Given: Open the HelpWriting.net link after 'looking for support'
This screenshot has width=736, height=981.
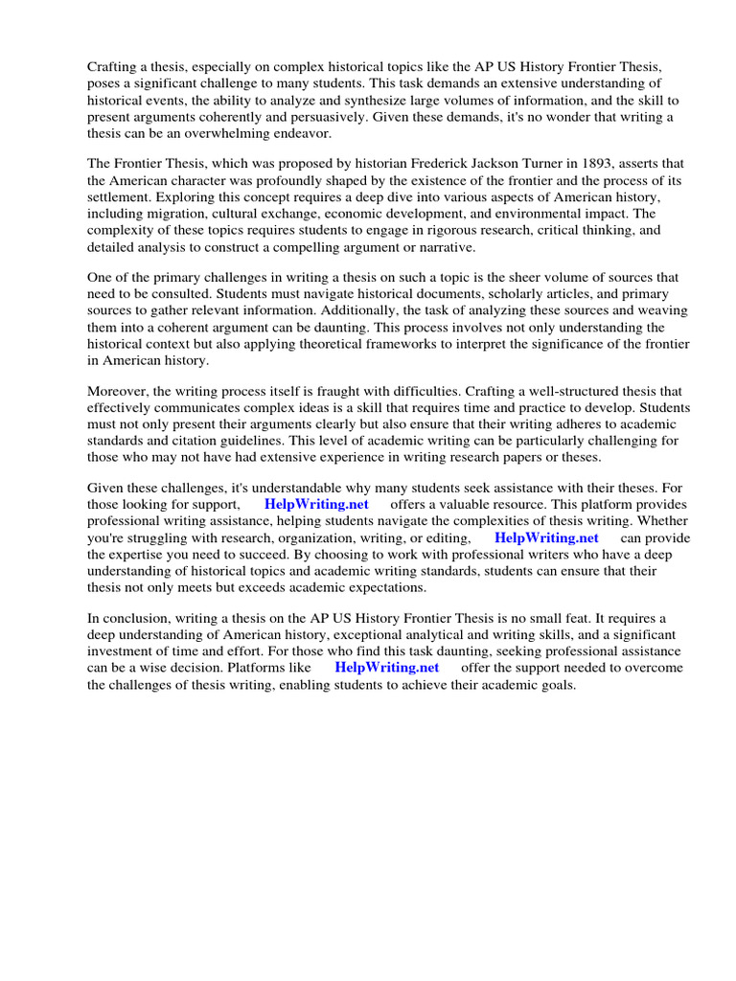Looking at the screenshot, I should [315, 504].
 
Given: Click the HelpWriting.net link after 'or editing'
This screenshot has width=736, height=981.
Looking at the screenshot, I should [546, 538].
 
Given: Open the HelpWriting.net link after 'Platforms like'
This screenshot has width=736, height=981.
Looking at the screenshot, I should [386, 668].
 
